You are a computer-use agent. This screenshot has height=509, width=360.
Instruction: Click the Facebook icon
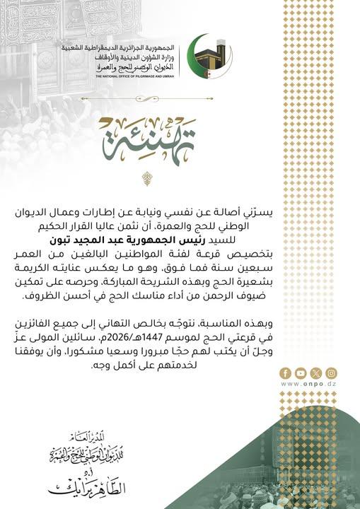[x=284, y=373]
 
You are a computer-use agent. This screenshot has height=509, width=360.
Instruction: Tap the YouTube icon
[x=300, y=373]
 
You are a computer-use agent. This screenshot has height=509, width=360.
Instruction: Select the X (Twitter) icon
[x=315, y=373]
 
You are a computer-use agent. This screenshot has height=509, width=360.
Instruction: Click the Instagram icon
[x=331, y=373]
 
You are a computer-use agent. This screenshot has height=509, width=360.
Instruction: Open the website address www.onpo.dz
[x=308, y=384]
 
